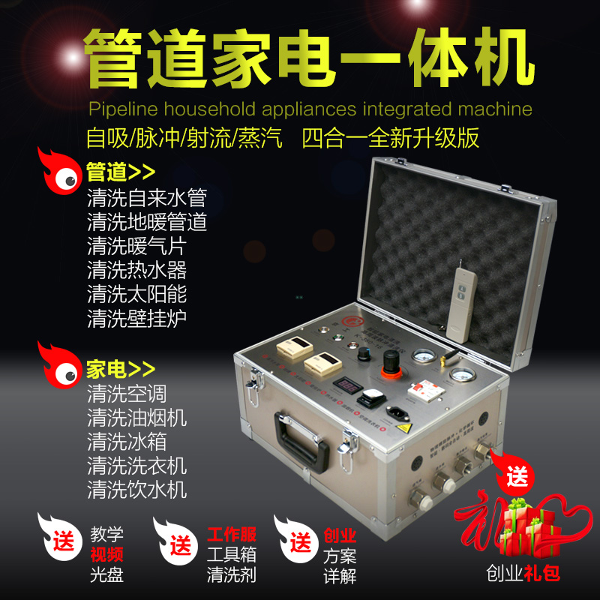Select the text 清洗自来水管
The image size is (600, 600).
146,199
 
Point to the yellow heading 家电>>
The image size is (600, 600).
121,368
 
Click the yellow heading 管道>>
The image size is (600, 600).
121,173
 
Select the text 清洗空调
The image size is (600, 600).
127,392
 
